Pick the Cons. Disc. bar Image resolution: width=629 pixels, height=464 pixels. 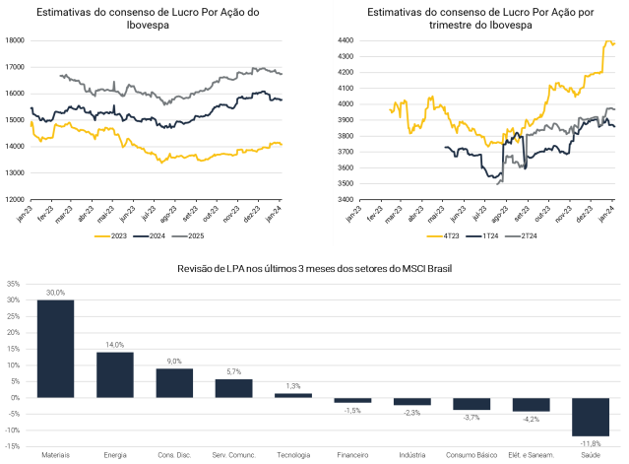(174, 382)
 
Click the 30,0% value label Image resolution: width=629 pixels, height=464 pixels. (55, 293)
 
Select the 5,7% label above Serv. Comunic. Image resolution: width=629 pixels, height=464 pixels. (233, 372)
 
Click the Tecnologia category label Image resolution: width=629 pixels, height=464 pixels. (293, 455)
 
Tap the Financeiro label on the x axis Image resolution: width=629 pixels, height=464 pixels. (352, 455)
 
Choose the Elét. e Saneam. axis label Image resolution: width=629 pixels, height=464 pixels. (531, 455)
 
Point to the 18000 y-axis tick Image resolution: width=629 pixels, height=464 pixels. (15, 40)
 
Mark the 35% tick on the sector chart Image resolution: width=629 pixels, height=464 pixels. (13, 284)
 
